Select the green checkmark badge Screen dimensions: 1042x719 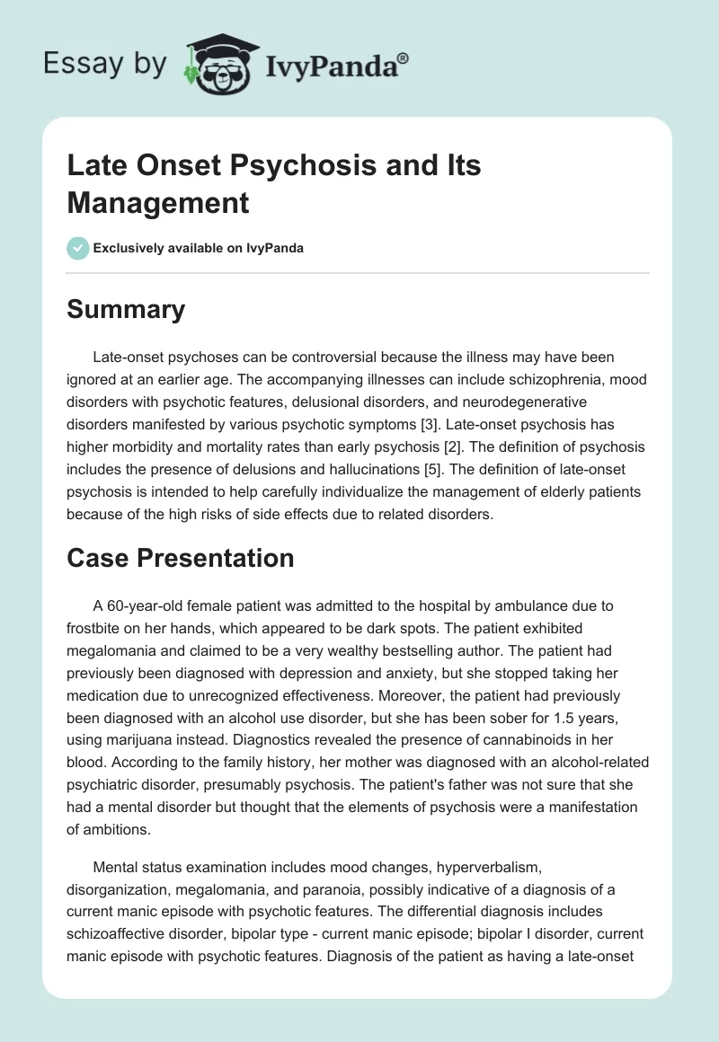[78, 248]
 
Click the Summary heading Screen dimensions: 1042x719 [126, 310]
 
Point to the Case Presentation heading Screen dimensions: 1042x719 [181, 558]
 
